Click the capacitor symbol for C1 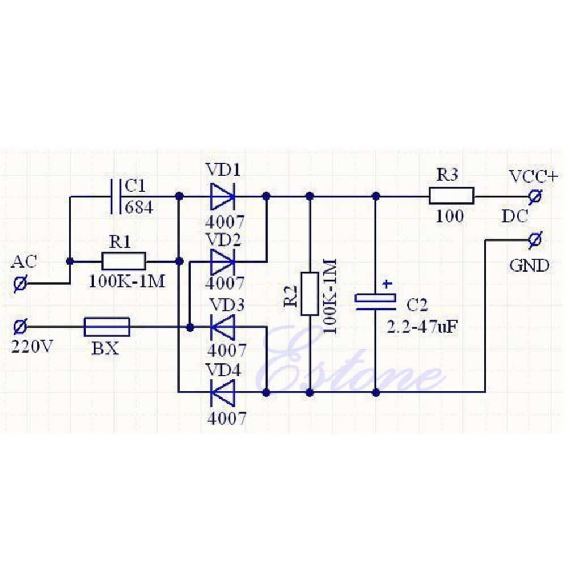click(115, 196)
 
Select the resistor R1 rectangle click(124, 261)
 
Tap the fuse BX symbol click(107, 327)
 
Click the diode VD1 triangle click(222, 196)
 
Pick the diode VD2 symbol click(222, 261)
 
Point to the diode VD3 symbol click(222, 327)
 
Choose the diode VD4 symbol click(222, 391)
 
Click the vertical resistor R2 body click(309, 294)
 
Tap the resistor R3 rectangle click(451, 196)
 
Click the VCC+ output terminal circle click(534, 196)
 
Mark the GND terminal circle click(534, 240)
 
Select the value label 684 click(138, 208)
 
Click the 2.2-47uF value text click(423, 327)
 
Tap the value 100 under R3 click(450, 215)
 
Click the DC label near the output click(515, 215)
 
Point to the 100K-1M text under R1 click(127, 281)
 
